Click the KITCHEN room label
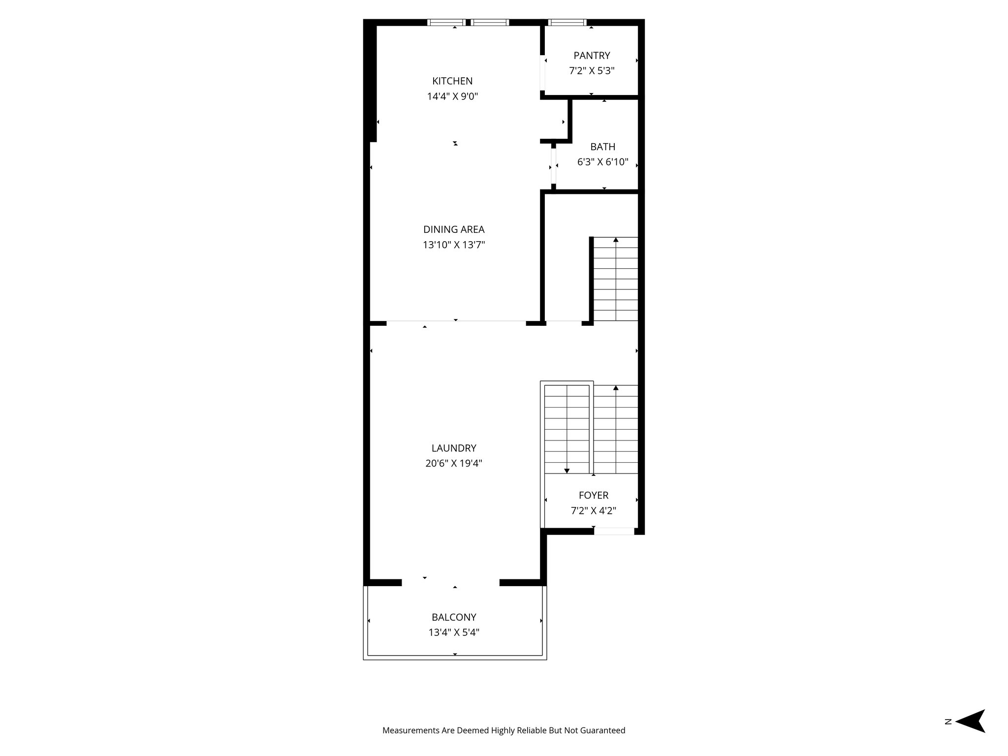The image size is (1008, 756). tap(452, 81)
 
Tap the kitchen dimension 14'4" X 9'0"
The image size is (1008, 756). tap(452, 96)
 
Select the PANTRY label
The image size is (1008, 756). tap(592, 56)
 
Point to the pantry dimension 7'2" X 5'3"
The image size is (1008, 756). tap(592, 71)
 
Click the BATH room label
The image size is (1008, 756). tap(602, 147)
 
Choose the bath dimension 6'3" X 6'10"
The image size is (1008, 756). tap(602, 162)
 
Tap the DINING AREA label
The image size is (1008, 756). tap(454, 229)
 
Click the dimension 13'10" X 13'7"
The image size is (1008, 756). tap(454, 245)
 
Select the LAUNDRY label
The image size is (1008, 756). tap(454, 448)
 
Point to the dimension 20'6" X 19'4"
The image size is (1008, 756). tap(454, 463)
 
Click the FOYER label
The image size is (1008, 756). tap(593, 496)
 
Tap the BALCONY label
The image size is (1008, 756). tap(454, 617)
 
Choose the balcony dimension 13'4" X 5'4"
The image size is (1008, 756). tap(454, 632)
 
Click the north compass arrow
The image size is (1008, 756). tap(971, 735)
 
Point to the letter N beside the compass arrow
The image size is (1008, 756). tap(947, 735)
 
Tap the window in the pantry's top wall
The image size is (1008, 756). tap(567, 22)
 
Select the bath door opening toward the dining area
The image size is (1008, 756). tap(554, 166)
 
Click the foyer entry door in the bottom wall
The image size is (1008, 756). tap(614, 531)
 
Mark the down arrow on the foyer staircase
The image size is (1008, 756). tap(567, 471)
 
